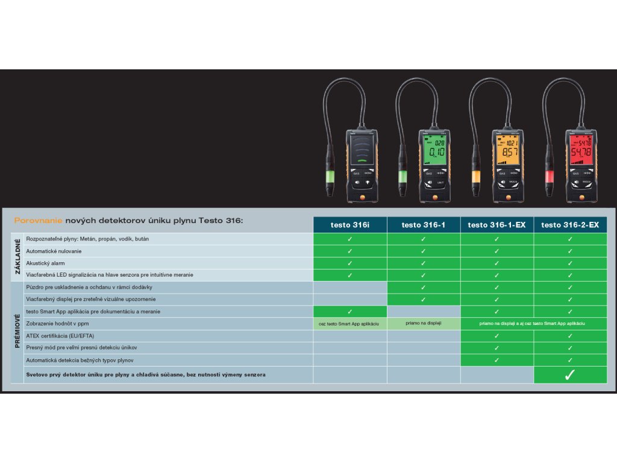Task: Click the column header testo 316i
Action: click(349, 225)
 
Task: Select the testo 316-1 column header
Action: click(423, 225)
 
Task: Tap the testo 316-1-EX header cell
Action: click(497, 225)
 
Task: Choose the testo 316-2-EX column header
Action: click(570, 225)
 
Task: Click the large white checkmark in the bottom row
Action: click(569, 375)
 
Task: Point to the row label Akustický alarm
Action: click(45, 263)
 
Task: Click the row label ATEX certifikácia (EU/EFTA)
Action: click(60, 336)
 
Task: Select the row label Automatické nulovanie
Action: click(54, 251)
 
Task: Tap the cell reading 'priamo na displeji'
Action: click(423, 323)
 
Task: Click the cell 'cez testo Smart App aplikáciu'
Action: click(349, 324)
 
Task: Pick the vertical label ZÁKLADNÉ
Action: click(17, 257)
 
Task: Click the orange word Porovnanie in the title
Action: click(39, 221)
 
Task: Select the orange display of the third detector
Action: click(505, 150)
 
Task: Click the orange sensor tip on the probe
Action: click(475, 176)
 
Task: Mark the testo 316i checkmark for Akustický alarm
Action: click(349, 263)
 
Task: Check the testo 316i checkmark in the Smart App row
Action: click(349, 312)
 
